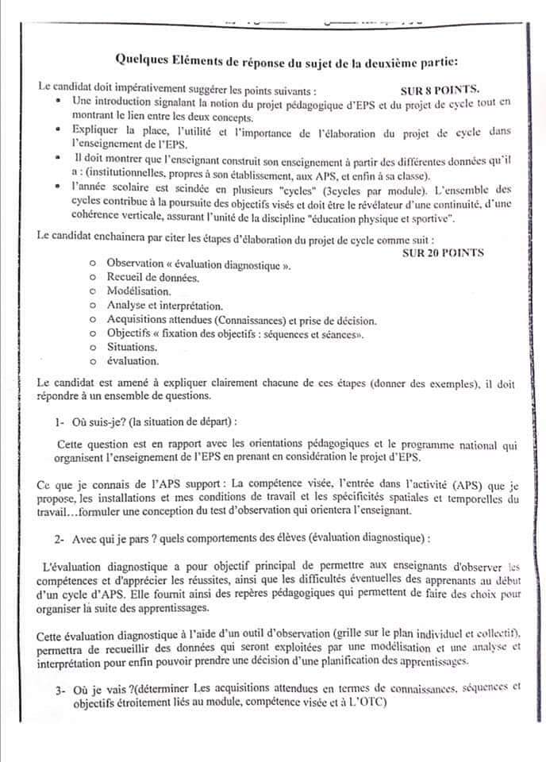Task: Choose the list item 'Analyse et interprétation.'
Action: coord(165,306)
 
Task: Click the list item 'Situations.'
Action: coord(132,347)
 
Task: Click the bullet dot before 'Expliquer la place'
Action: coord(60,128)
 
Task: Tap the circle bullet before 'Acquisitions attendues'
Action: coord(93,320)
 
